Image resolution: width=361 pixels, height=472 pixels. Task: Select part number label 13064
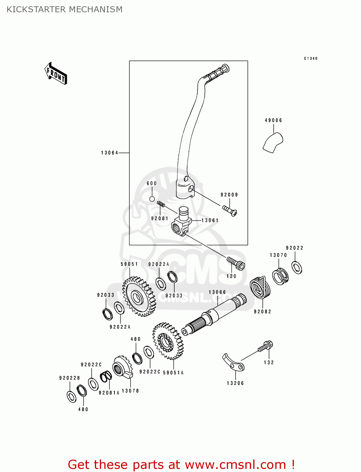coord(109,153)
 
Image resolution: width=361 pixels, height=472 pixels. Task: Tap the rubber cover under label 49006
coord(273,143)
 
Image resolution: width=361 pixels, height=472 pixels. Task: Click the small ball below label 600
coord(152,199)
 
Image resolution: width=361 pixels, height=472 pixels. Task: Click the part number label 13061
coord(210,220)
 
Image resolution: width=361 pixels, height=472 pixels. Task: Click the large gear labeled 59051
coord(139,296)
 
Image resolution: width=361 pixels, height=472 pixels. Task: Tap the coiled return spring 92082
coord(260,288)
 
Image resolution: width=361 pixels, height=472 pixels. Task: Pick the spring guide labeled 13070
coord(280,276)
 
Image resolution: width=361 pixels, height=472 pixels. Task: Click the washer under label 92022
coord(296,267)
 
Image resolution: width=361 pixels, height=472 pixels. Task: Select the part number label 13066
coord(217,292)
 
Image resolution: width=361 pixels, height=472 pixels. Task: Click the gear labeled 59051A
coord(168,341)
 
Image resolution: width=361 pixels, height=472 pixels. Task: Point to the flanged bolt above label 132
coord(266,347)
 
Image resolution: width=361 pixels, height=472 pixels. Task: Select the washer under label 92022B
coord(72,396)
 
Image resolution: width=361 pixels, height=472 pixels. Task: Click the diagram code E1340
coord(311,59)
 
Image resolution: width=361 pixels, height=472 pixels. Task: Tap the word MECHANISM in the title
coord(95,9)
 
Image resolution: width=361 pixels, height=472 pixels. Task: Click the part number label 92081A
coord(109,393)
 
